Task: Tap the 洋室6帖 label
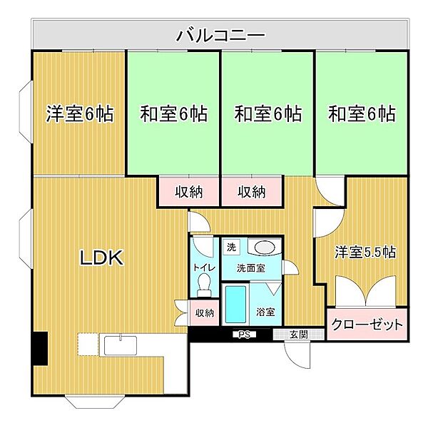coord(80,114)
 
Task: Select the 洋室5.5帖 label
coord(366,253)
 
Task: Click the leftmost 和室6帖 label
coord(173,114)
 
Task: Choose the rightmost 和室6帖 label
coord(362,114)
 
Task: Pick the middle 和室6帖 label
coord(267,114)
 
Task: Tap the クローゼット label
coord(367,325)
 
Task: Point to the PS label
coord(243,334)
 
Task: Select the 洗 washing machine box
coord(231,248)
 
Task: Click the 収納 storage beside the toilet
coord(205,312)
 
